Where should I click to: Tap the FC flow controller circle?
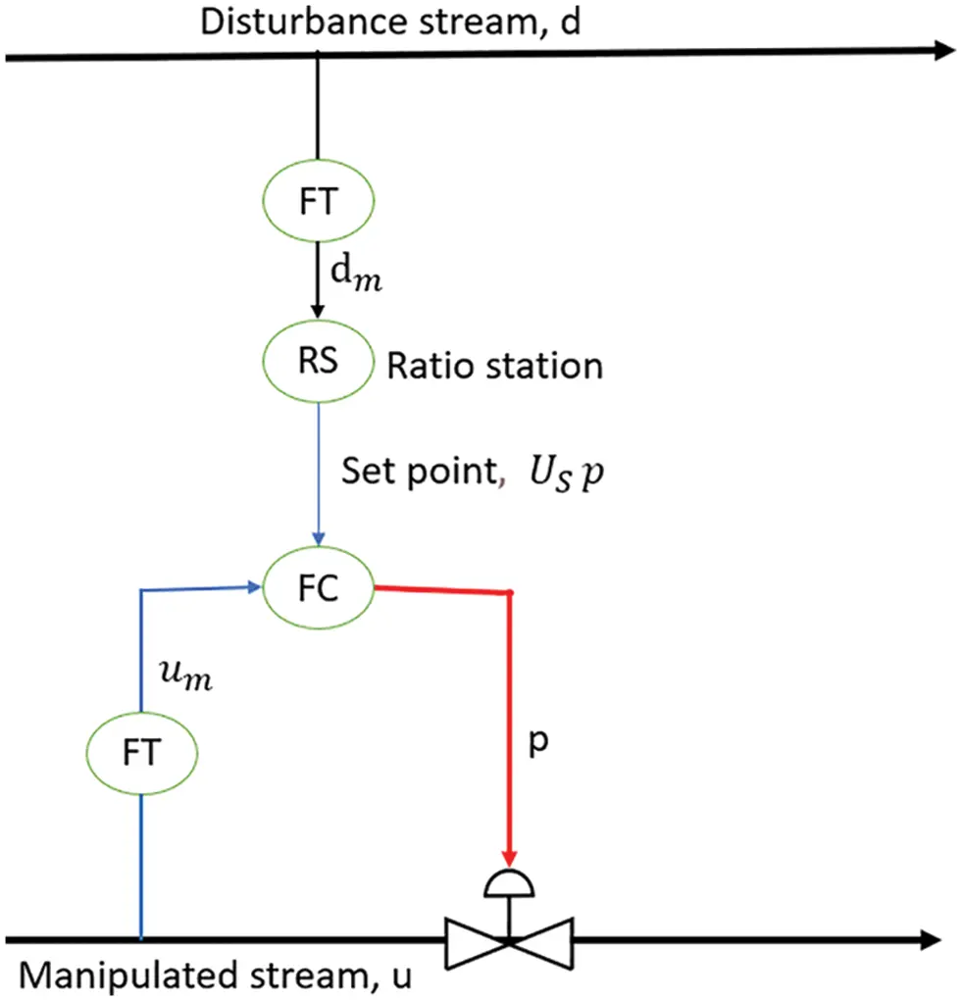click(319, 589)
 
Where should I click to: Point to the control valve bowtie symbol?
click(509, 942)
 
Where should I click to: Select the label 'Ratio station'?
click(494, 366)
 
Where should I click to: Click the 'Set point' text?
click(418, 473)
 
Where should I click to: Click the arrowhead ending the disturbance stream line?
click(943, 51)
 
